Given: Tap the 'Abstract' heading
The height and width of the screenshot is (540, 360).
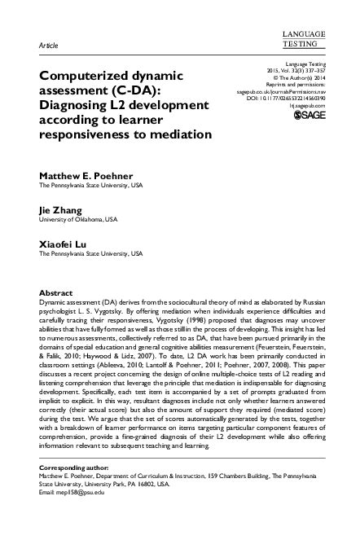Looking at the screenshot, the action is [x=57, y=292].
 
